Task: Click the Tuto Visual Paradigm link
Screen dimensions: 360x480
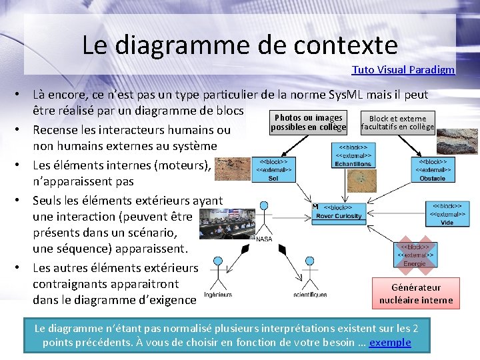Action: tap(403, 69)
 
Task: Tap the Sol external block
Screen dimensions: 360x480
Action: tap(273, 170)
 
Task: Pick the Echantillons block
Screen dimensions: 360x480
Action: tap(353, 155)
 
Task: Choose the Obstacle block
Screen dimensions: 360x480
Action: tap(433, 170)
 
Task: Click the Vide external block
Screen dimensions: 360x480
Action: tap(447, 214)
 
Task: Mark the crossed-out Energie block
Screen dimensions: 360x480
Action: tap(414, 255)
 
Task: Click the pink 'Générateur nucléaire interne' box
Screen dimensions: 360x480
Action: tap(416, 293)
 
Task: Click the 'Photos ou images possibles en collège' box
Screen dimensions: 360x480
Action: tap(309, 122)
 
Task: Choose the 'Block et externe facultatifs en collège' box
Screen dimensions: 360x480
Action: tap(397, 122)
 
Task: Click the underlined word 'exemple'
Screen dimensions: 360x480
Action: tap(390, 343)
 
